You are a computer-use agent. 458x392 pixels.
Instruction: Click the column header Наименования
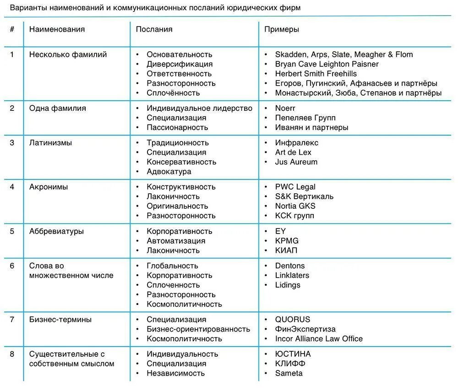57,29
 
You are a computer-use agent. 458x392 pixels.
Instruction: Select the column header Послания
154,29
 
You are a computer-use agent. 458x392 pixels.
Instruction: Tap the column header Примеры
281,29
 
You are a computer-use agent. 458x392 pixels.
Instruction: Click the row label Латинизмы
50,142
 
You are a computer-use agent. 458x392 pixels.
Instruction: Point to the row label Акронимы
49,187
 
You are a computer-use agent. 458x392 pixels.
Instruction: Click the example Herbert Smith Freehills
316,74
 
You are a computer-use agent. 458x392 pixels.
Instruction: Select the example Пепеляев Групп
305,118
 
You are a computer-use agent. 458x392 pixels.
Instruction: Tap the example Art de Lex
293,152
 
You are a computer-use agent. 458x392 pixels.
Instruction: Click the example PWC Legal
295,187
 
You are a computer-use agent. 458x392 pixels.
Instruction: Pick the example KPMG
287,241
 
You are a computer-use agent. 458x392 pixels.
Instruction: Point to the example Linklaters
292,275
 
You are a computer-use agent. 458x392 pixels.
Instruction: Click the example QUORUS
292,319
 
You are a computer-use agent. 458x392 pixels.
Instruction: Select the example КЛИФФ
290,364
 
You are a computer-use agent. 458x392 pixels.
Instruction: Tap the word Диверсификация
180,64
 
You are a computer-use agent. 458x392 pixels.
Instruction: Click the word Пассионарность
177,127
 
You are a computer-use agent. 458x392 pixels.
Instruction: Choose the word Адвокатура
169,172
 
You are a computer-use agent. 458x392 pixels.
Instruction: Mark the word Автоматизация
176,241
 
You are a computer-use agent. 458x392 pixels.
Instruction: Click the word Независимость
175,373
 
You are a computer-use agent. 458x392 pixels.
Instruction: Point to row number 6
12,266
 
